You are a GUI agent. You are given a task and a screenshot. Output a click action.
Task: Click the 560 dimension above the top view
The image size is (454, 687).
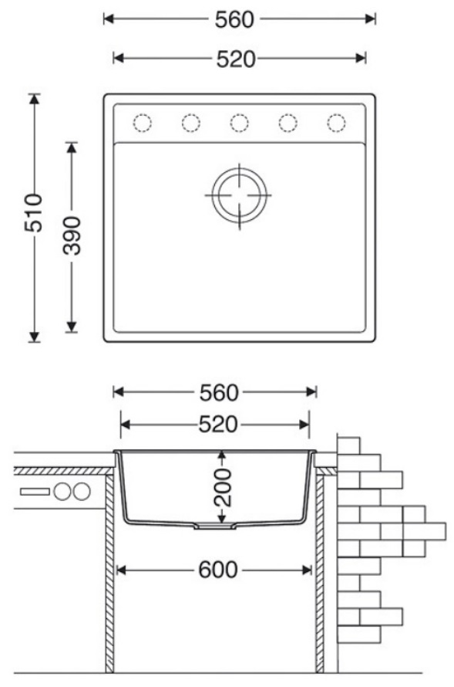click(234, 20)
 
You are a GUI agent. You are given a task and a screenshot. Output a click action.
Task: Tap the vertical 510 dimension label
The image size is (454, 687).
click(34, 213)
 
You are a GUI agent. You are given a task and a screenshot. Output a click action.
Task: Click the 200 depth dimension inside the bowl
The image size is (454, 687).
click(223, 487)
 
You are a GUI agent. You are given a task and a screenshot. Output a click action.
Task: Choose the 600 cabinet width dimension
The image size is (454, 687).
click(218, 570)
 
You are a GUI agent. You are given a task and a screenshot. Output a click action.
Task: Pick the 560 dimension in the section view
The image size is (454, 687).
click(219, 393)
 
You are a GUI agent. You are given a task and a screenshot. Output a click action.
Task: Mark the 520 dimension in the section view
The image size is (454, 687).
click(218, 424)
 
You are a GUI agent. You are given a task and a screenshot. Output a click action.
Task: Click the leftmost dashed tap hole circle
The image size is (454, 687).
click(142, 123)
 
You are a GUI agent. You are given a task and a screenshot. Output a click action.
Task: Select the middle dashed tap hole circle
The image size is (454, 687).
click(239, 123)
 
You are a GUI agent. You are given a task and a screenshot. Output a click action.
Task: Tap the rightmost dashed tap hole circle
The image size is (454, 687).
click(336, 123)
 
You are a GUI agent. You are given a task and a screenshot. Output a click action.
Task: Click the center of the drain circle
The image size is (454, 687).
click(239, 195)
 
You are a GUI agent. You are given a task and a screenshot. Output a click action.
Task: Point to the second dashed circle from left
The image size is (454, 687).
click(190, 123)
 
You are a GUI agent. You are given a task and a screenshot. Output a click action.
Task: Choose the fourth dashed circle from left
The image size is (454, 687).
click(288, 123)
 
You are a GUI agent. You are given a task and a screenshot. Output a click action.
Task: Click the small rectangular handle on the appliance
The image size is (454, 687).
click(35, 492)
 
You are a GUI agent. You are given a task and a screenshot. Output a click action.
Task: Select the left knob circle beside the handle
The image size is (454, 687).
click(62, 492)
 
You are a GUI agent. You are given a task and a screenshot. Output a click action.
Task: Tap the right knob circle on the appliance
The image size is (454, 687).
click(82, 492)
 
